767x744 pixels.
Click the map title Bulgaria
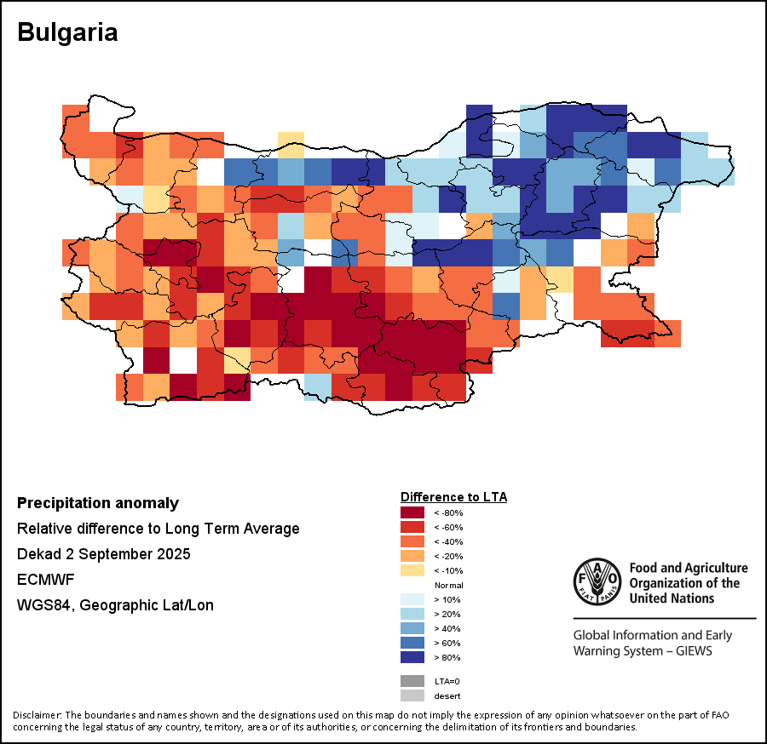(x=67, y=32)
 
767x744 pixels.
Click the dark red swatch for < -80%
(x=412, y=512)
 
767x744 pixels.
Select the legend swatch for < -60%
(x=412, y=527)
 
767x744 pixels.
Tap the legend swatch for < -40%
(x=412, y=541)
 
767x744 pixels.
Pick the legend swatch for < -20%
(x=412, y=556)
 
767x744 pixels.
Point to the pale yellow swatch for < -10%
(x=412, y=570)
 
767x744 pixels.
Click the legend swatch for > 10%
(x=412, y=599)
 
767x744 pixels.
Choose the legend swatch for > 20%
(x=412, y=614)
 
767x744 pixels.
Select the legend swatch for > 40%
(x=412, y=628)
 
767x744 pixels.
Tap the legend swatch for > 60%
(x=412, y=643)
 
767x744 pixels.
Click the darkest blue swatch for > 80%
(x=412, y=657)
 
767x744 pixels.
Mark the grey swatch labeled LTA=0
(x=412, y=681)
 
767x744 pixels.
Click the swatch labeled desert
(x=412, y=695)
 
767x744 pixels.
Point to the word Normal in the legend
(x=448, y=586)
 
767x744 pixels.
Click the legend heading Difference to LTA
(x=453, y=496)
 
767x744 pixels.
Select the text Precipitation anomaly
(x=98, y=503)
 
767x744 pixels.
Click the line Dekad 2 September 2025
(x=103, y=554)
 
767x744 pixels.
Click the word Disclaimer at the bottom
(x=37, y=714)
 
